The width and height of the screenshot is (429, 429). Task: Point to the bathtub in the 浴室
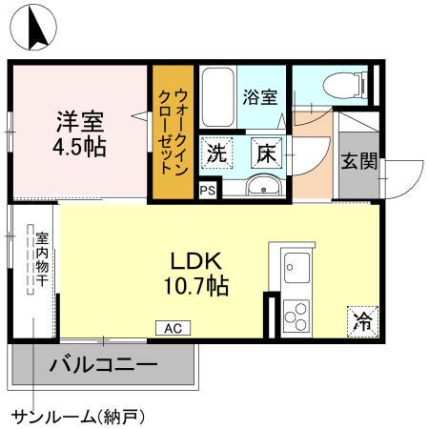pos(218,96)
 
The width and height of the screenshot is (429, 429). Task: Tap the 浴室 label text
pos(260,96)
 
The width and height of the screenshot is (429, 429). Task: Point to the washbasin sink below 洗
pos(260,185)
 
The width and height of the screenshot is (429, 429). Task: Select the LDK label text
pos(195,259)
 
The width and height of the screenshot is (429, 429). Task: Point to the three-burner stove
pos(295,314)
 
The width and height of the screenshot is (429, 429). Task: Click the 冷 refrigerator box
pos(361,321)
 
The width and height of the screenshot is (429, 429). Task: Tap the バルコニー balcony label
pos(104,364)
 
